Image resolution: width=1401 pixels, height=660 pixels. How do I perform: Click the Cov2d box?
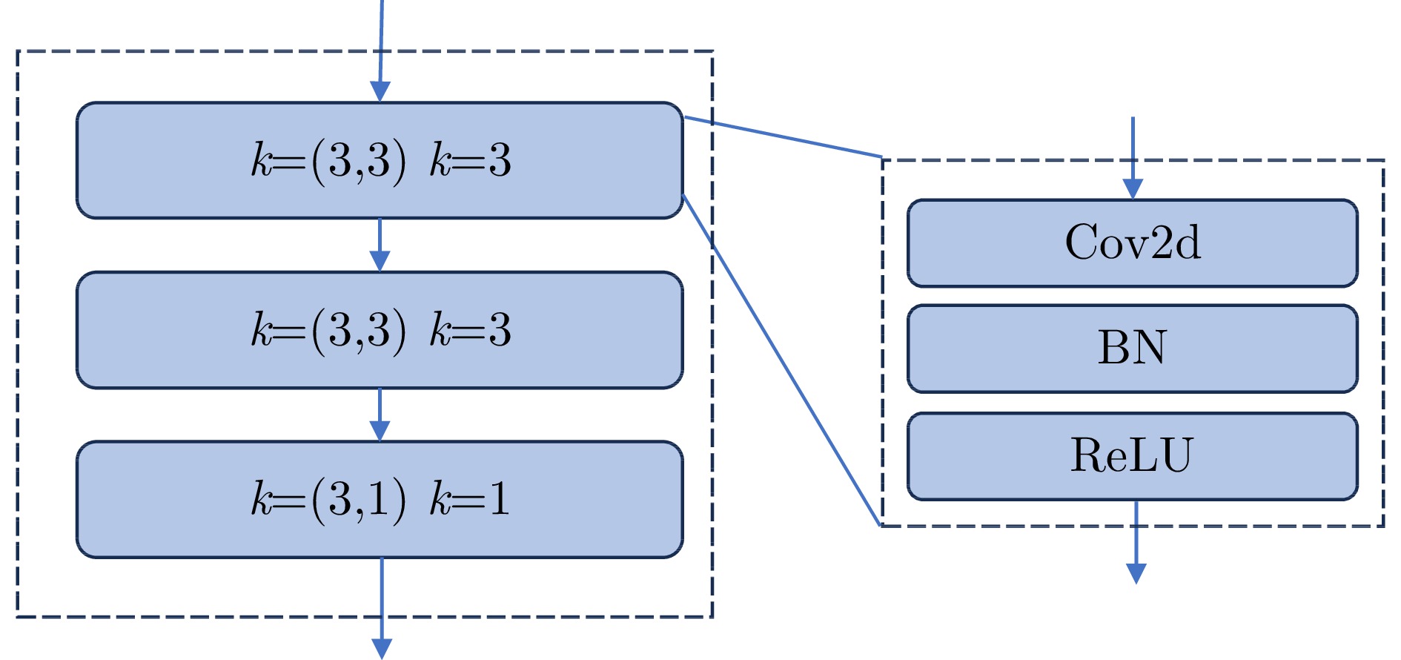click(1132, 242)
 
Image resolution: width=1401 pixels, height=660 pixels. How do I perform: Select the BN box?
click(1132, 348)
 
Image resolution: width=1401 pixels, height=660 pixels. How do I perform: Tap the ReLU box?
click(1132, 455)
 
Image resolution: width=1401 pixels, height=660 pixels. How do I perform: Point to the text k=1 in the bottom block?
click(471, 498)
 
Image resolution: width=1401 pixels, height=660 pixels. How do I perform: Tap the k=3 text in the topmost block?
click(471, 160)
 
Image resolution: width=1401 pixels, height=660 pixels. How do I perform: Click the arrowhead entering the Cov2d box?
click(1133, 189)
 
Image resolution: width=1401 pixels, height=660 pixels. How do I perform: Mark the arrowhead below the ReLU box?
click(1136, 573)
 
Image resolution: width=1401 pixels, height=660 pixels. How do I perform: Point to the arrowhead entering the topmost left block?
click(380, 91)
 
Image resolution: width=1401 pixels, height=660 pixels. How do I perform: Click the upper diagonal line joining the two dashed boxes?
click(782, 137)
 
